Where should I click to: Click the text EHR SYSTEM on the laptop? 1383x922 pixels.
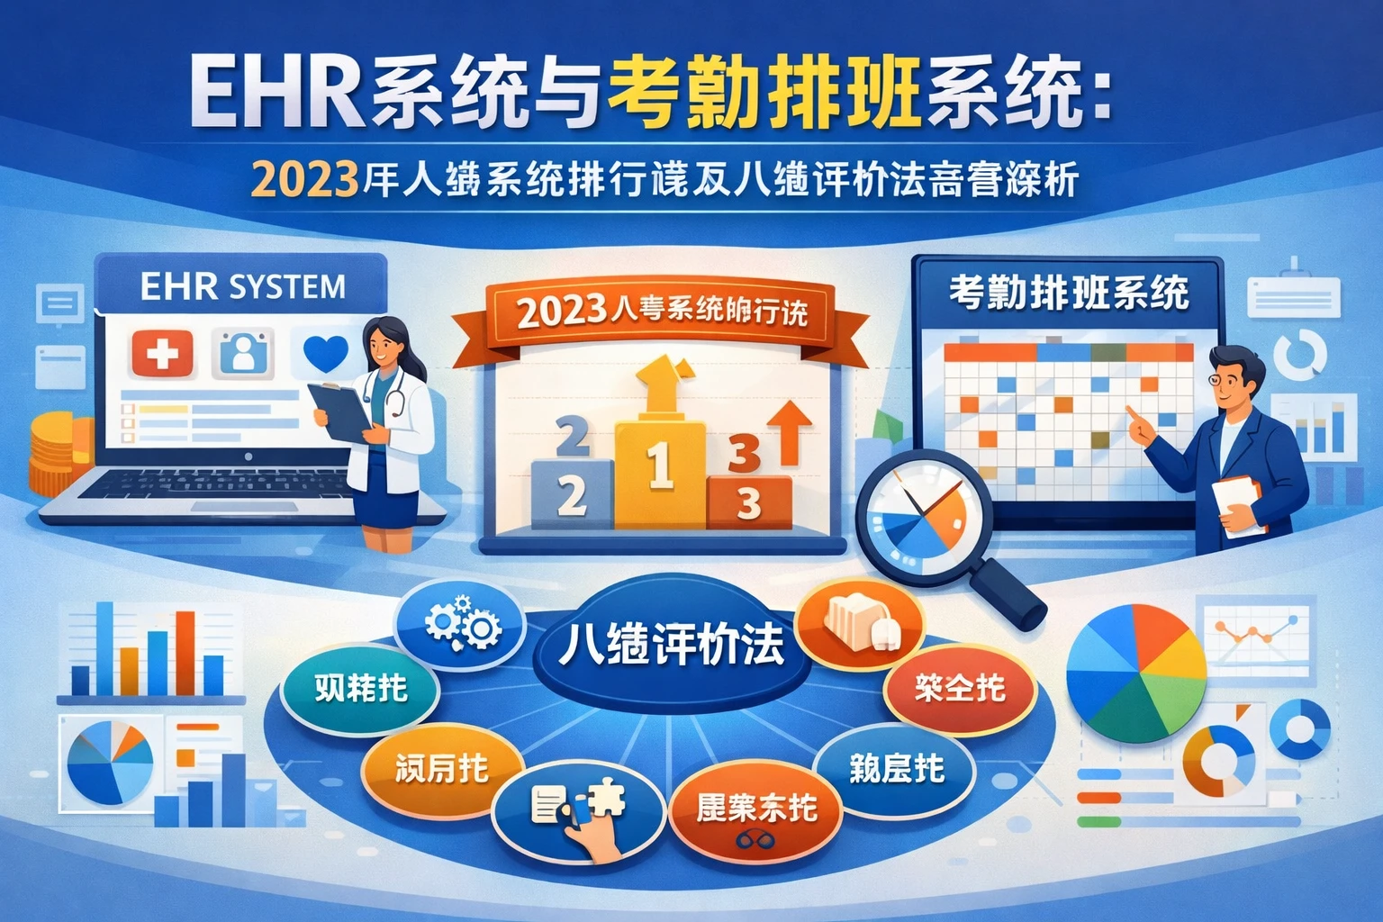[x=242, y=286]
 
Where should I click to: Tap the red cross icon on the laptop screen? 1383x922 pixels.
[x=162, y=353]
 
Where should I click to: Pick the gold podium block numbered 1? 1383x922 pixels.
[x=660, y=473]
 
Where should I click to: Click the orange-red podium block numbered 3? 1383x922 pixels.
[x=749, y=502]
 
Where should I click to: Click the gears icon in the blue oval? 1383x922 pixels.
[x=462, y=621]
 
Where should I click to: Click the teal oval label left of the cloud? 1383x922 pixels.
[x=360, y=689]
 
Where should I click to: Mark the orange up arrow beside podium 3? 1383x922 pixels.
[x=789, y=429]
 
